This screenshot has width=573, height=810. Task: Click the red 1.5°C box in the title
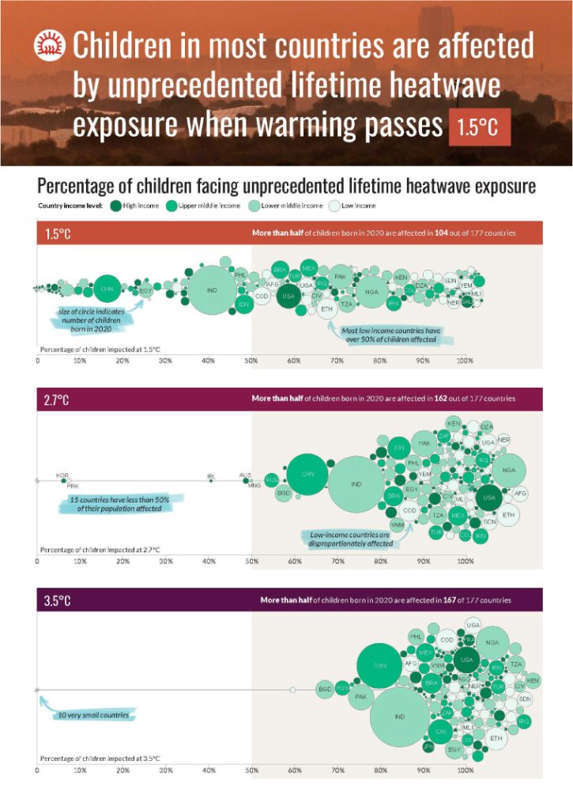480,128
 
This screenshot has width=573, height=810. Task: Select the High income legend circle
115,206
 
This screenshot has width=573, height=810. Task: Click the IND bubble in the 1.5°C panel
212,290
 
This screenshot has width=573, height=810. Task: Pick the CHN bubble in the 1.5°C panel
106,290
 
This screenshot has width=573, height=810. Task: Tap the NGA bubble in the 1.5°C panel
371,292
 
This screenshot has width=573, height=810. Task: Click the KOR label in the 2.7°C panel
62,476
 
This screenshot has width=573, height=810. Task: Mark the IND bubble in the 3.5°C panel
400,717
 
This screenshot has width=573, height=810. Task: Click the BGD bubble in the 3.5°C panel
324,690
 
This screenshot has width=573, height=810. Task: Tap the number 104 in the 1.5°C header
442,233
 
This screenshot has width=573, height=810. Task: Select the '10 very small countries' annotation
92,715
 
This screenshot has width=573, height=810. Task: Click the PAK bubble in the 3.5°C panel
360,697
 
